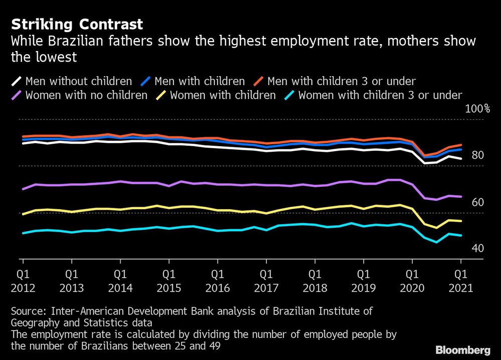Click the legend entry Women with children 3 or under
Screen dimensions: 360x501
tap(379, 95)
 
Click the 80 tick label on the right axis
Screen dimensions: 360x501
tap(477, 156)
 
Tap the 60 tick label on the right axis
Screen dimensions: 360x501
tap(477, 203)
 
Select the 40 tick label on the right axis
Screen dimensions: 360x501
tap(477, 249)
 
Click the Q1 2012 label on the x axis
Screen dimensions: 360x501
tap(23, 281)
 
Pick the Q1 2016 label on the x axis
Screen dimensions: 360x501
tap(217, 281)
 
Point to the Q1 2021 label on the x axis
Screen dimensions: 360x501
tap(460, 281)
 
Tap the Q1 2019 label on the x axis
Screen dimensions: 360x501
tap(363, 281)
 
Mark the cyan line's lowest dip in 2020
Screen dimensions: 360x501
tap(437, 242)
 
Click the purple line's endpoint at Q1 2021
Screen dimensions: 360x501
tap(461, 197)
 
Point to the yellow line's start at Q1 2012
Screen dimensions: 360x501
tap(23, 214)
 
